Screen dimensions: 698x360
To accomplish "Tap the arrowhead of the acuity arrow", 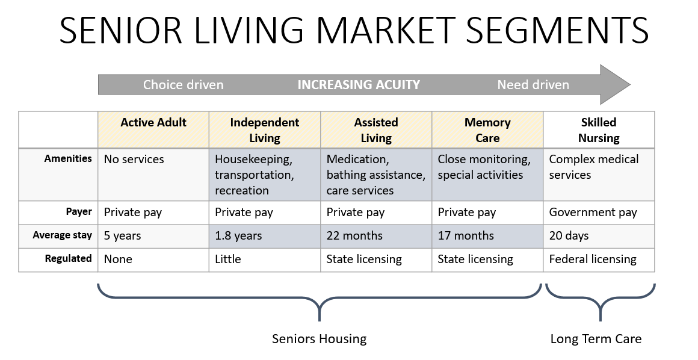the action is point(615,85).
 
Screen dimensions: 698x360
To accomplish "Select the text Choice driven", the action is point(184,85).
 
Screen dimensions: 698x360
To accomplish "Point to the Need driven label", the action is point(533,85).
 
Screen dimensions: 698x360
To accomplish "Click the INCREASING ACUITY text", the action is point(359,85).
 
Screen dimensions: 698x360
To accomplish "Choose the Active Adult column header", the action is point(153,123).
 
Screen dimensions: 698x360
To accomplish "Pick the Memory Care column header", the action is point(487,130).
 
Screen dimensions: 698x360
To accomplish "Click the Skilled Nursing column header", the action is point(599,130).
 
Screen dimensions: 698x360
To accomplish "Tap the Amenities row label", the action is point(68,158).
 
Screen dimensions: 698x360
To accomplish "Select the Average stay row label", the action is point(63,235).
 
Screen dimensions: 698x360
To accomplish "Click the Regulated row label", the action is point(69,258).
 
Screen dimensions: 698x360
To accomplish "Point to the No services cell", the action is point(134,159).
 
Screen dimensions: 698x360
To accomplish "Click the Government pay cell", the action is point(593,213).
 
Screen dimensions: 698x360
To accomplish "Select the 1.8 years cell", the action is point(239,236).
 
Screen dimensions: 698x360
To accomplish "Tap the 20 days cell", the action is point(569,236).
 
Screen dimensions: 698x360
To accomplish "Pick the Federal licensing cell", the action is point(593,259).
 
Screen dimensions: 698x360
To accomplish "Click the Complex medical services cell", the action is point(594,167).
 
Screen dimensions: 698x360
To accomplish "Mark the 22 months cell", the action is point(354,236).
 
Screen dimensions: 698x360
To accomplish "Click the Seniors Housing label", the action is point(320,339).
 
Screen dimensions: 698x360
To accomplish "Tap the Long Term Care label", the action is point(596,339).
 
